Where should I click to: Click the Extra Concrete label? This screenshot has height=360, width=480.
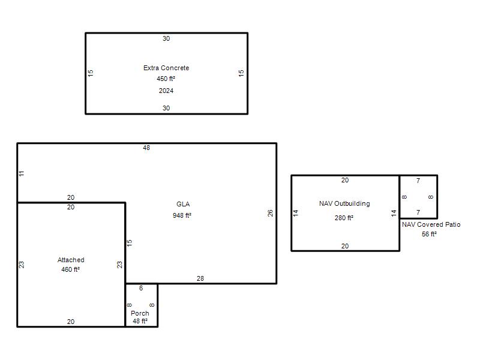[166, 68]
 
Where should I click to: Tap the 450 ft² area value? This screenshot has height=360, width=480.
[166, 79]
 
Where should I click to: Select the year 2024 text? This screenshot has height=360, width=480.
[166, 91]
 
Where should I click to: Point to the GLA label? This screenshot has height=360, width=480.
[183, 204]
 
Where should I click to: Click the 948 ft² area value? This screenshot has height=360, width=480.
[182, 215]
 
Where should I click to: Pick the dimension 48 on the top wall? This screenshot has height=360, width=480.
[146, 148]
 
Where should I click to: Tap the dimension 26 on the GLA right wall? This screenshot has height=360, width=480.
[270, 213]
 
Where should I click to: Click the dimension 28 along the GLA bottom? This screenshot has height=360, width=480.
[200, 278]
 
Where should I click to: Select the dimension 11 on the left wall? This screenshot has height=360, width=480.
[21, 173]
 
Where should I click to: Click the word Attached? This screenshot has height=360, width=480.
[71, 260]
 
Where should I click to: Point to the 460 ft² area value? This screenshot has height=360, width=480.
[70, 269]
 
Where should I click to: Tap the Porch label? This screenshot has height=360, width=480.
[140, 313]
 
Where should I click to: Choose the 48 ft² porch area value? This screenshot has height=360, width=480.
[140, 321]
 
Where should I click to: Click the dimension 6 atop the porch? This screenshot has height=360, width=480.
[141, 288]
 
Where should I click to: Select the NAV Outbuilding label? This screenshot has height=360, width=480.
[344, 203]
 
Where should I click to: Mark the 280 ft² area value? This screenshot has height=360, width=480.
[344, 218]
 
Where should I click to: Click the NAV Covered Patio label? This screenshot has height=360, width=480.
[431, 224]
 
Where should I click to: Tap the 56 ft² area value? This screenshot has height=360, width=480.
[429, 234]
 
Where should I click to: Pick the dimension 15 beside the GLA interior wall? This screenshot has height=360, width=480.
[129, 243]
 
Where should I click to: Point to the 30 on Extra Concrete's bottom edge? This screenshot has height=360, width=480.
[166, 108]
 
